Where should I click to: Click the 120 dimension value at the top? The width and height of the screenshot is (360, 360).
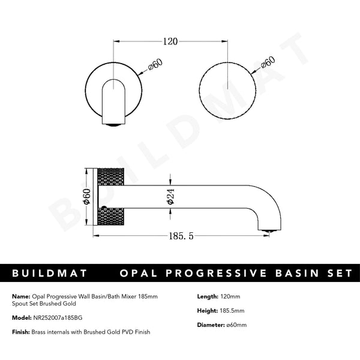pos(170,41)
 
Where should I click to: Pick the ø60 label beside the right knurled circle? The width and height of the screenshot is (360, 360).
pos(268,64)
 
